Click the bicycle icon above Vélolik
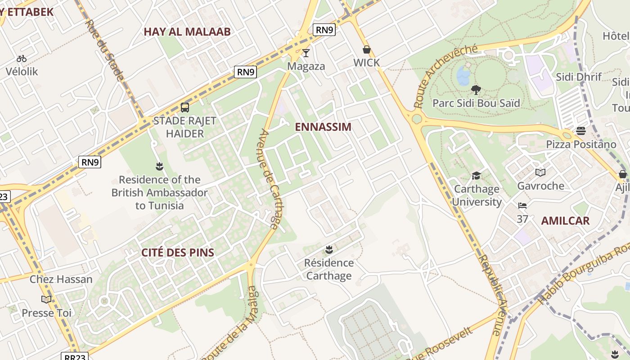tap(21, 58)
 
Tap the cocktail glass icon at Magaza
tap(306, 53)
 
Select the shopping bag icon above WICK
tap(367, 49)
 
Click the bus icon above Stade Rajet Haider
tap(184, 108)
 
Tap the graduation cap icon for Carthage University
tap(476, 175)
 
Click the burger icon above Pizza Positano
tap(580, 131)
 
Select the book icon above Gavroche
tap(540, 172)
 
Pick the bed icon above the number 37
tap(522, 206)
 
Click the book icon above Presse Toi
tap(46, 299)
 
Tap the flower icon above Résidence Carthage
tap(329, 249)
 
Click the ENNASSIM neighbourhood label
tap(323, 127)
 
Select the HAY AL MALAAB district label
tap(187, 31)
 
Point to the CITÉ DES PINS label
tap(178, 252)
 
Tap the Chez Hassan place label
tap(61, 279)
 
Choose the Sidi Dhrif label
tap(579, 77)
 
